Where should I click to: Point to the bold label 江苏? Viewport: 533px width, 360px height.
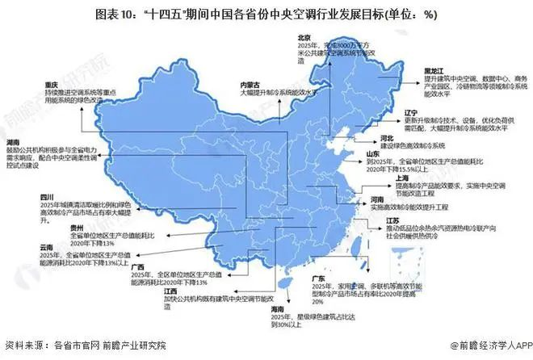pyautogui.click(x=393, y=220)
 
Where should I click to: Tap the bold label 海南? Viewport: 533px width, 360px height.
pyautogui.click(x=280, y=308)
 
